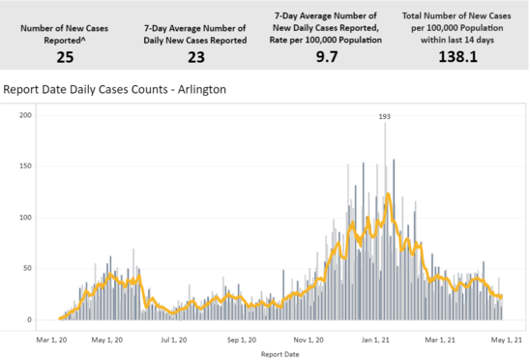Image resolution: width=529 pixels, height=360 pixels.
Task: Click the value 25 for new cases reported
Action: point(65,58)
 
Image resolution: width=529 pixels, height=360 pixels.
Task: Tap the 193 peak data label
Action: point(385,116)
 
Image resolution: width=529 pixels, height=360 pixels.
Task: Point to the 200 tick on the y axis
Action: point(26,115)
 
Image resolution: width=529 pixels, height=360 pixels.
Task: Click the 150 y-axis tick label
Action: point(26,166)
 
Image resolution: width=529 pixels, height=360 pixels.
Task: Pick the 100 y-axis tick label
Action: point(26,218)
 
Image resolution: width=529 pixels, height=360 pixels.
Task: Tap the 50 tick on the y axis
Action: point(29,268)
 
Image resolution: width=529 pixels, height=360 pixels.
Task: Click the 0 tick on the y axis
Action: point(31,319)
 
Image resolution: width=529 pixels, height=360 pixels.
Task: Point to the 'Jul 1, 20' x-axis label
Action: point(175,340)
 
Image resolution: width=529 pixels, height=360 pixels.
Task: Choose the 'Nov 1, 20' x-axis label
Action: point(309,340)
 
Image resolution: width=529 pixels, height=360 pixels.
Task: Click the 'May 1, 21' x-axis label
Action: point(506,340)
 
